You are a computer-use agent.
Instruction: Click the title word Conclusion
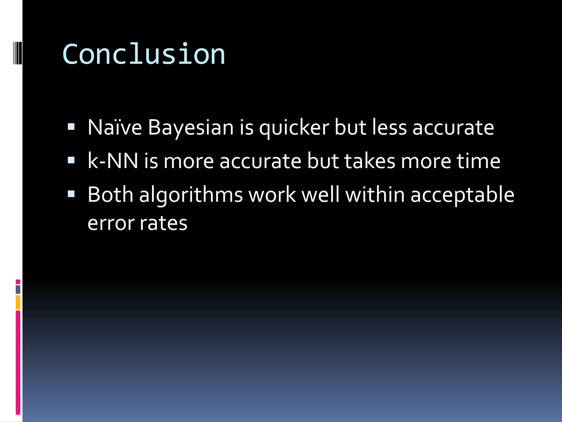[144, 54]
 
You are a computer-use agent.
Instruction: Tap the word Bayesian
[191, 128]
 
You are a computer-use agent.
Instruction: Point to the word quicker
[294, 128]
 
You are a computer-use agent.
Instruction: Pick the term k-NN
[113, 161]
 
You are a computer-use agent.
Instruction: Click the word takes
[370, 161]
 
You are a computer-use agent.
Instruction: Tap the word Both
[110, 195]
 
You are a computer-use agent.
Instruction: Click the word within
[375, 195]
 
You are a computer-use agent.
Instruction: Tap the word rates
[164, 223]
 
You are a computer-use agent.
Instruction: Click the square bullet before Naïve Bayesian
[71, 127]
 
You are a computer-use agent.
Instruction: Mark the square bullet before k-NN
[71, 160]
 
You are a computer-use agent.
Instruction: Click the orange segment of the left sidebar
[18, 302]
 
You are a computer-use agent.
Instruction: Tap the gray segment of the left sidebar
[18, 290]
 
